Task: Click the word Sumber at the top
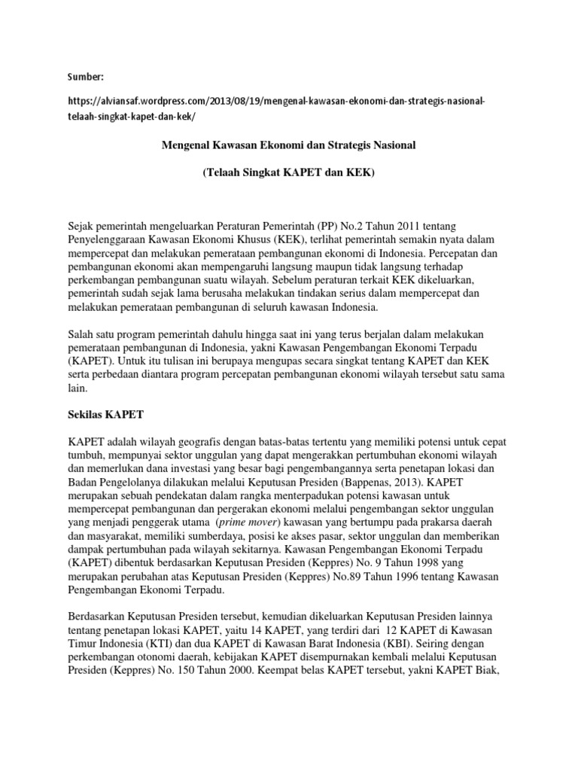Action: click(84, 77)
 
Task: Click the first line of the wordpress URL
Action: click(281, 102)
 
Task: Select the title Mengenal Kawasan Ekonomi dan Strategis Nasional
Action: click(288, 144)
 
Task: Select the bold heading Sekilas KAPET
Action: click(100, 415)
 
